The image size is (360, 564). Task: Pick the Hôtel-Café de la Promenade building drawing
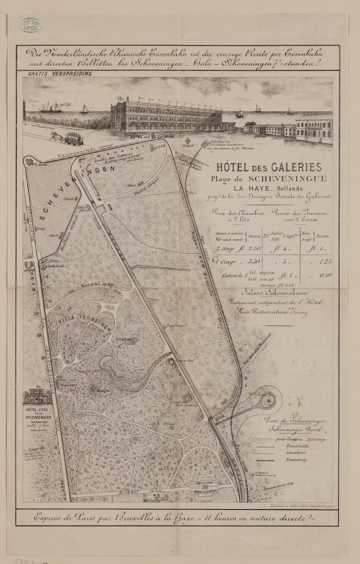[37, 396]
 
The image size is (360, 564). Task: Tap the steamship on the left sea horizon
[51, 108]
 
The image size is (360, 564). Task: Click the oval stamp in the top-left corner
[30, 25]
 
